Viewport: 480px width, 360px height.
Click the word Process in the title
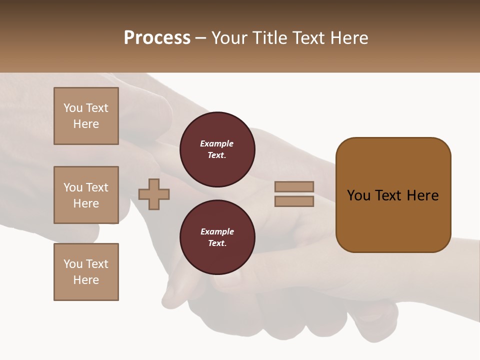157,38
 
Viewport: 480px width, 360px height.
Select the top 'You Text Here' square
86,116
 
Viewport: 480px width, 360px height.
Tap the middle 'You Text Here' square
86,195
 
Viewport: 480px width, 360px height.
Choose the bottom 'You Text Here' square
86,272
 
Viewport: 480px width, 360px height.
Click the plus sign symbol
154,194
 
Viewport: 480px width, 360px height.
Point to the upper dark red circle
217,149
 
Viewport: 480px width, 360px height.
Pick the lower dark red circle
217,237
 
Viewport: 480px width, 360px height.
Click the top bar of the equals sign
294,186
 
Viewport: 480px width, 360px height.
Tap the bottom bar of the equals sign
294,201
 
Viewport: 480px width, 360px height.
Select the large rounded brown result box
393,195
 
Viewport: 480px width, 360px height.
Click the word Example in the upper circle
217,143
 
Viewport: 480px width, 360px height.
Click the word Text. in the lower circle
217,243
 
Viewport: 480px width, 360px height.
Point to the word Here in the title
348,38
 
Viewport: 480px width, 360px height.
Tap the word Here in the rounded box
423,195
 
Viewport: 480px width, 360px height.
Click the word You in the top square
73,108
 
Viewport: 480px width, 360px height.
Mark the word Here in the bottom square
86,280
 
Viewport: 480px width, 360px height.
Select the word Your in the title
230,38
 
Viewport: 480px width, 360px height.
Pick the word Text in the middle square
96,187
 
